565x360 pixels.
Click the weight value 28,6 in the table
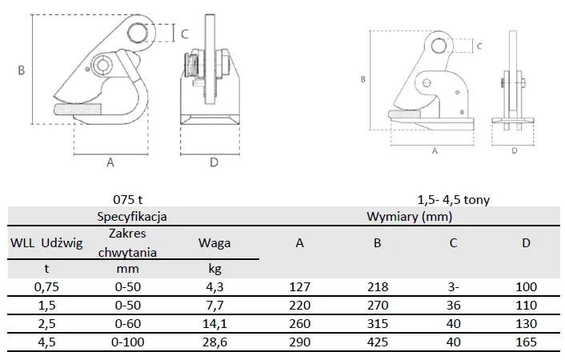(x=214, y=342)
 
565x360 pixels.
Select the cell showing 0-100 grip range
(x=127, y=342)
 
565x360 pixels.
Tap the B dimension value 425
(x=378, y=342)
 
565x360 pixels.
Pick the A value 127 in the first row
(x=299, y=287)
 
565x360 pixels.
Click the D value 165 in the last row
(x=526, y=342)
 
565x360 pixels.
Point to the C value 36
(x=453, y=306)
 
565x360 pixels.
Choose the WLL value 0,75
(x=46, y=287)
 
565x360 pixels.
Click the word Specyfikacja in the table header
(x=132, y=217)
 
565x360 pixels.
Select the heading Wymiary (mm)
(x=409, y=217)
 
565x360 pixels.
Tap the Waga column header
(x=214, y=243)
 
